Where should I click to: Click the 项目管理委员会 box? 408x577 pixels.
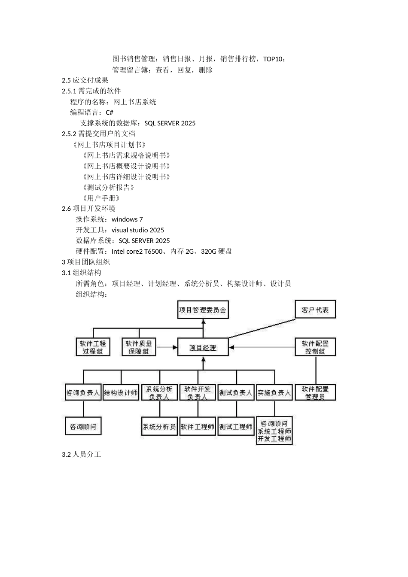point(203,310)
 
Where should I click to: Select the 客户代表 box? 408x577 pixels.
point(315,310)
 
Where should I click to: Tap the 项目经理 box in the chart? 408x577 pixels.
point(203,347)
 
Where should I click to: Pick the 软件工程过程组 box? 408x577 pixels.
point(93,347)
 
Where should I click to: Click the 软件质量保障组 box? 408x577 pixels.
point(139,347)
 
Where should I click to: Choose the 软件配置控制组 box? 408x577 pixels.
point(315,347)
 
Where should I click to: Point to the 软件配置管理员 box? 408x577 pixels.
point(315,392)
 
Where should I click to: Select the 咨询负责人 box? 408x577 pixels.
point(83,392)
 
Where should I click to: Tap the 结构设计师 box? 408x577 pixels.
point(121,392)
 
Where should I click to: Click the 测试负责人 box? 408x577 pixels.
point(236,392)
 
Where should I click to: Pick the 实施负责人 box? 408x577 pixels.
point(274,392)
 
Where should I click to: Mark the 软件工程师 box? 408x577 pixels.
point(198,427)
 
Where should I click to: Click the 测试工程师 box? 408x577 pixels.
point(236,427)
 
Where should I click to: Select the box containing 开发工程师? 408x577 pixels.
point(274,431)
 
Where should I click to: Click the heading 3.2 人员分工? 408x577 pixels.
point(82,454)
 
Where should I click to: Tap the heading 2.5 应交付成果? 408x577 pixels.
point(85,80)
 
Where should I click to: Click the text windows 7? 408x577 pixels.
point(127,219)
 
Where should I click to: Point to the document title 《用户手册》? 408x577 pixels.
point(100,198)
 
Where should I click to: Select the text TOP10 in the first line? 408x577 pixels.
point(273,59)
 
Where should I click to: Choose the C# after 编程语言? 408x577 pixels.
point(110,112)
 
